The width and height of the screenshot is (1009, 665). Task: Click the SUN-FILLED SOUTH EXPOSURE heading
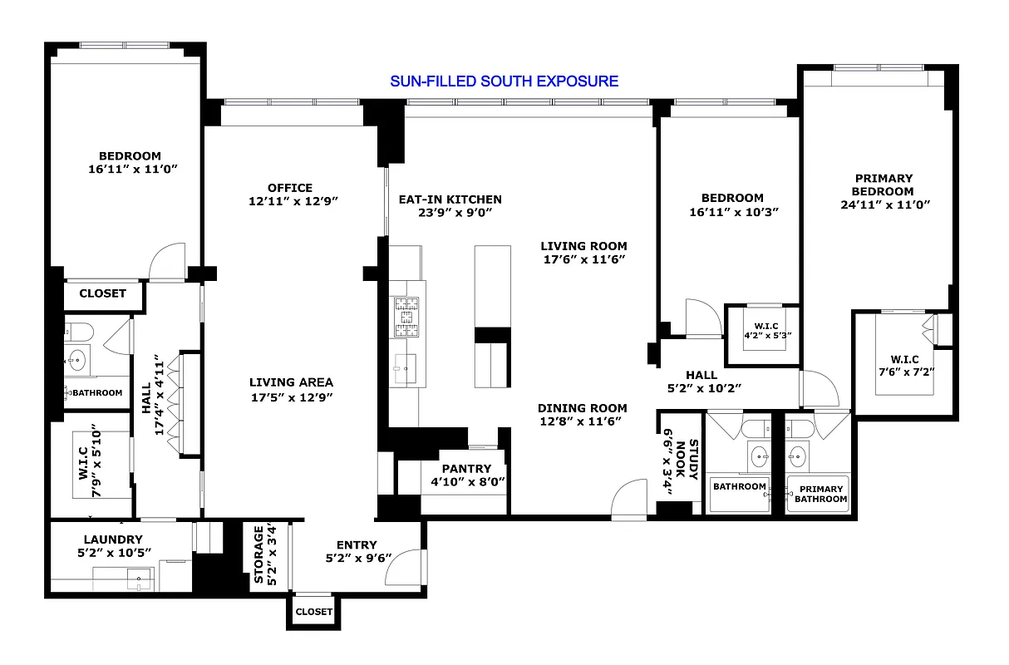[x=504, y=81]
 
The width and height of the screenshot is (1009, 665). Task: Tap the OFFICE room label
[x=290, y=188]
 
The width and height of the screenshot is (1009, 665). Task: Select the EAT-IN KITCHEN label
[x=450, y=199]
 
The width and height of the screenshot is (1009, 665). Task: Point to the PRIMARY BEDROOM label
[x=883, y=185]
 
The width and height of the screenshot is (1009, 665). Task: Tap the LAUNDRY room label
[x=113, y=539]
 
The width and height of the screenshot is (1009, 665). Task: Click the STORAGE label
[x=258, y=554]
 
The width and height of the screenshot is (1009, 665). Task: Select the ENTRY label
[x=357, y=545]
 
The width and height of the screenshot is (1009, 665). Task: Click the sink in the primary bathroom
[x=798, y=456]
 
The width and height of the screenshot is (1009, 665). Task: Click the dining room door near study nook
[x=629, y=499]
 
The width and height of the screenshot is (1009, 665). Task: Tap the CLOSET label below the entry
[x=313, y=612]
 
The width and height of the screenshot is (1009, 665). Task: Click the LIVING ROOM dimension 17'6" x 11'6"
[x=583, y=259]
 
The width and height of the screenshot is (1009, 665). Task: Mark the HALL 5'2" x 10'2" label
[x=703, y=382]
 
